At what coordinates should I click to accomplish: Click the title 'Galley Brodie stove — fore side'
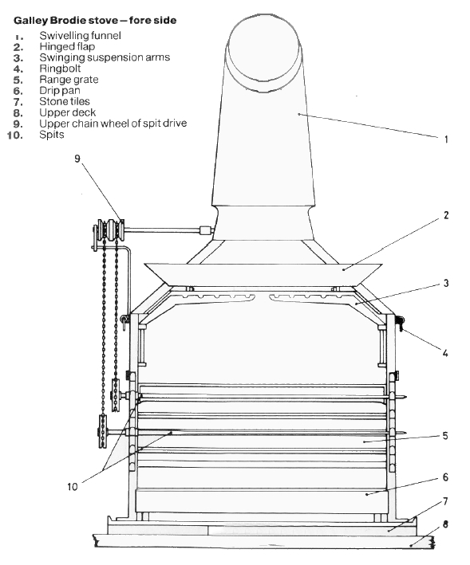click(95, 20)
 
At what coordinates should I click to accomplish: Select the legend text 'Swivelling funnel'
click(80, 35)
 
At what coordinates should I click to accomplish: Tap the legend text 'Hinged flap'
click(67, 46)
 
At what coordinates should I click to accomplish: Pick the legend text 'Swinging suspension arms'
click(105, 57)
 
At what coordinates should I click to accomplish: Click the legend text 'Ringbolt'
click(60, 69)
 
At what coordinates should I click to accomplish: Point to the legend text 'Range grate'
click(69, 80)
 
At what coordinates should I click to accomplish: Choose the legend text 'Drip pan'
click(60, 90)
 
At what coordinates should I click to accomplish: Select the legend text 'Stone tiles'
click(65, 101)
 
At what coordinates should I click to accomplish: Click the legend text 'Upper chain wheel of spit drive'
click(113, 124)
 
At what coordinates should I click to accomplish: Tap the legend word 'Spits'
click(52, 135)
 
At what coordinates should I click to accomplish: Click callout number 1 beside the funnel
click(446, 139)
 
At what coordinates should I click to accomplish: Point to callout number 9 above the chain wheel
click(77, 159)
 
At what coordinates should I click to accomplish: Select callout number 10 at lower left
click(73, 487)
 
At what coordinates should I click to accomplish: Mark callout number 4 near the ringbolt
click(445, 353)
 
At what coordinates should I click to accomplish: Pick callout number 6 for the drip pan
click(445, 477)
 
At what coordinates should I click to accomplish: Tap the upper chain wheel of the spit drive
click(109, 230)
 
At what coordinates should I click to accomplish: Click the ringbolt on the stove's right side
click(400, 322)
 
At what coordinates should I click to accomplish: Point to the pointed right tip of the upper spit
click(405, 397)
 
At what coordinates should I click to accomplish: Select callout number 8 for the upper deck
click(445, 524)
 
